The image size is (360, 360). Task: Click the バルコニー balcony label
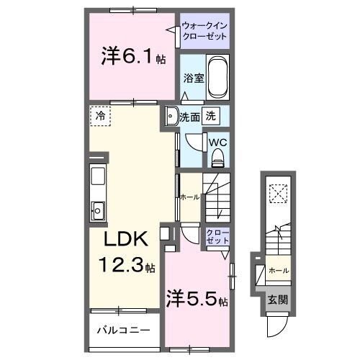pyautogui.click(x=124, y=330)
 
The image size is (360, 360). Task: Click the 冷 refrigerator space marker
pyautogui.click(x=101, y=114)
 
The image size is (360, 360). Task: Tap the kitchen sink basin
pyautogui.click(x=99, y=210)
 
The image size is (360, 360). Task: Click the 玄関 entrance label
pyautogui.click(x=278, y=300)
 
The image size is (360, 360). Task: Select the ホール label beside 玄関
pyautogui.click(x=279, y=270)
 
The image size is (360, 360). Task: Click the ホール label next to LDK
pyautogui.click(x=189, y=196)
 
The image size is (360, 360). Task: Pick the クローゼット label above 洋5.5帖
pyautogui.click(x=219, y=237)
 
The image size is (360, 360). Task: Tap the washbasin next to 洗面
pyautogui.click(x=171, y=115)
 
